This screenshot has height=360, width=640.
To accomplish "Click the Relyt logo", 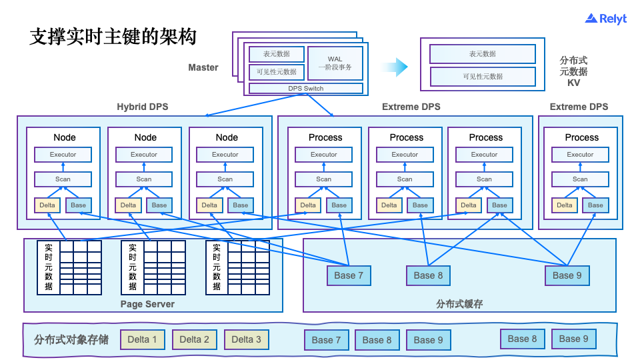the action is click(605, 19).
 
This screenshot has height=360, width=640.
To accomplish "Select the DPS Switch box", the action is click(306, 88).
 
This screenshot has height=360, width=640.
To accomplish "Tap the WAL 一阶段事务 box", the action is click(335, 63).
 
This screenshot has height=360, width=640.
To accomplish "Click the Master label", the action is click(203, 67).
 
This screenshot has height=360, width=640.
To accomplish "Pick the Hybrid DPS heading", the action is click(143, 107).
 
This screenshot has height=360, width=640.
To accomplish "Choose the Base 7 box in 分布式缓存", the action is click(349, 275).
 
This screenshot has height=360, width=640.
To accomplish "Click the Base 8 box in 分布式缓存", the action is click(428, 275).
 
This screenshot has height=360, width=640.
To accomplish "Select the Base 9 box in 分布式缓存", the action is click(567, 275).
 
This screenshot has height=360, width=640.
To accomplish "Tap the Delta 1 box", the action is click(143, 339).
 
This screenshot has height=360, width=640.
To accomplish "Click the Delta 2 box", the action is click(194, 339).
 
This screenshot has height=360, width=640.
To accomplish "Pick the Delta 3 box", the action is click(247, 339).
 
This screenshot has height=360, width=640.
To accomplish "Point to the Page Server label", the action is click(147, 304).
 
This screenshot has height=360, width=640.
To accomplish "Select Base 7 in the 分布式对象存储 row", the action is click(327, 340).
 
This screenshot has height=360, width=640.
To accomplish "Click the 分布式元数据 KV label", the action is click(573, 71).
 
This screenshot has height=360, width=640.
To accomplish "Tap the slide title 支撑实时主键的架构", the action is click(113, 36).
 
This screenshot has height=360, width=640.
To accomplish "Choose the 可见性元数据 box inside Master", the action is click(277, 72).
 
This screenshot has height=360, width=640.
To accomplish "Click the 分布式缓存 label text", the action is click(459, 304).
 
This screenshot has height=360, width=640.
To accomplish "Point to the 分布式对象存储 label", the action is click(71, 339).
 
